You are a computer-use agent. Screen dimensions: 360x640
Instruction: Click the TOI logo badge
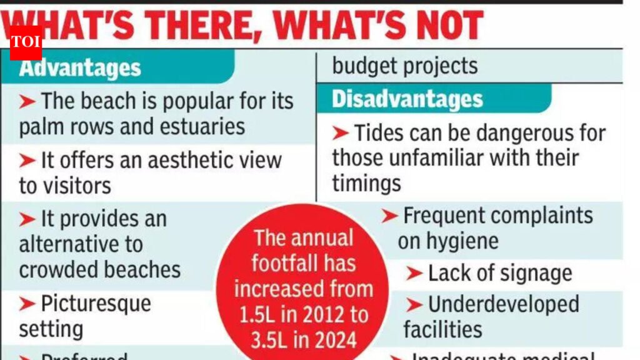(26, 42)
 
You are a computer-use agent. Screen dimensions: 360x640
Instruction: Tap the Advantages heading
(80, 67)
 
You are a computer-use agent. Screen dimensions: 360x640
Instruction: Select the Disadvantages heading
(407, 99)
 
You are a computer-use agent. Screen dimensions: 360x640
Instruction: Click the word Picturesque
(96, 304)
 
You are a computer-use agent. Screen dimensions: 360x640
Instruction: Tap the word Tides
(379, 132)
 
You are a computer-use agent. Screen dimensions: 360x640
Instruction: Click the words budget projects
(404, 66)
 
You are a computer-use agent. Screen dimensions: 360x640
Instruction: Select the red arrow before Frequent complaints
(389, 216)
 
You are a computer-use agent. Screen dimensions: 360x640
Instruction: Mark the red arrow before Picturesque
(27, 304)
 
